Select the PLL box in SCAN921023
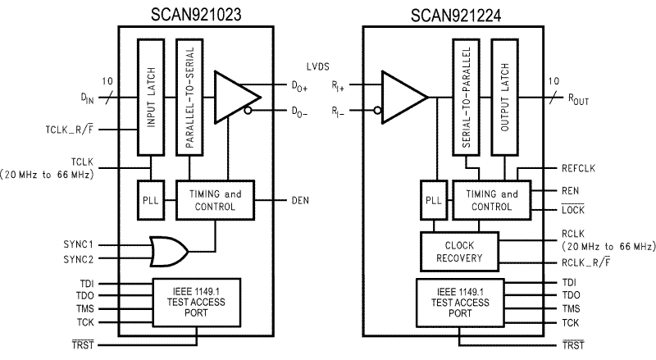[x=150, y=201]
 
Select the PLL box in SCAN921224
[x=432, y=201]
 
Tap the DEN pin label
[x=300, y=200]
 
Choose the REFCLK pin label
[x=578, y=168]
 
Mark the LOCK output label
[x=571, y=212]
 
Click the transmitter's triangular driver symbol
[x=232, y=97]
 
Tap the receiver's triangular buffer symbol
[x=403, y=98]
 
